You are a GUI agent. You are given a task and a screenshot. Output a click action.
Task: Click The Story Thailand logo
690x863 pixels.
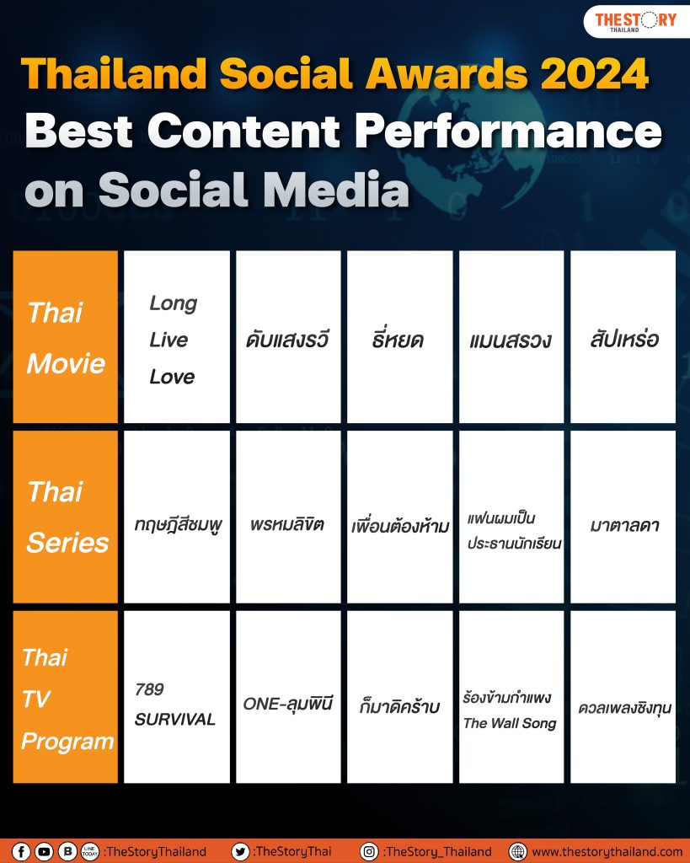[x=635, y=21]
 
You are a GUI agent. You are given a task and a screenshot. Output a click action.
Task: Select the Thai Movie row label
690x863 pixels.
[x=66, y=337]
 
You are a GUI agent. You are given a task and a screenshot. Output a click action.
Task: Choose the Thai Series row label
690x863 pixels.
[x=66, y=517]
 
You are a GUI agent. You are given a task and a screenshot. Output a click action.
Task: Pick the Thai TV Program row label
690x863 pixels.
[x=66, y=697]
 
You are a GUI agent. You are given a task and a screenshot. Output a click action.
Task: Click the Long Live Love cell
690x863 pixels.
[x=177, y=337]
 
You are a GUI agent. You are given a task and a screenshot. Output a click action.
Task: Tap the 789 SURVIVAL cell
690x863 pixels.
[x=177, y=697]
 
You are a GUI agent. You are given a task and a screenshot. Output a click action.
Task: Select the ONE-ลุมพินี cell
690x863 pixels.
[x=288, y=697]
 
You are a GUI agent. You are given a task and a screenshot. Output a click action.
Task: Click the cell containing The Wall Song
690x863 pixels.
[x=511, y=697]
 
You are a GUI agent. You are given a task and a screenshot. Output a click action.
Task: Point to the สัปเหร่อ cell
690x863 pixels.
[x=623, y=337]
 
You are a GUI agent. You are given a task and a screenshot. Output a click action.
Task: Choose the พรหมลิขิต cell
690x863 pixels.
[x=288, y=517]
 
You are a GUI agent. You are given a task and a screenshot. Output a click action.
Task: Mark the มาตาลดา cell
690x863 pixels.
[x=623, y=517]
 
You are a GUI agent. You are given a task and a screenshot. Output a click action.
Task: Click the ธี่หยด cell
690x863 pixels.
[x=399, y=337]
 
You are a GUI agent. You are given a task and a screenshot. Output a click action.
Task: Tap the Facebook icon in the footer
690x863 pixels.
[x=21, y=851]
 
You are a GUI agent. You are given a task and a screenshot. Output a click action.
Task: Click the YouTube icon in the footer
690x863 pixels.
[x=44, y=851]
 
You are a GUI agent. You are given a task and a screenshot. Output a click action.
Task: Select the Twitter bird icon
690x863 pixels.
[x=240, y=851]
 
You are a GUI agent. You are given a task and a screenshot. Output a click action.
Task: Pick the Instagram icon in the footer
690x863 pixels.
[x=369, y=851]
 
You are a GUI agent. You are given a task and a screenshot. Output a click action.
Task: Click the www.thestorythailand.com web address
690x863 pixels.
[x=607, y=852]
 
